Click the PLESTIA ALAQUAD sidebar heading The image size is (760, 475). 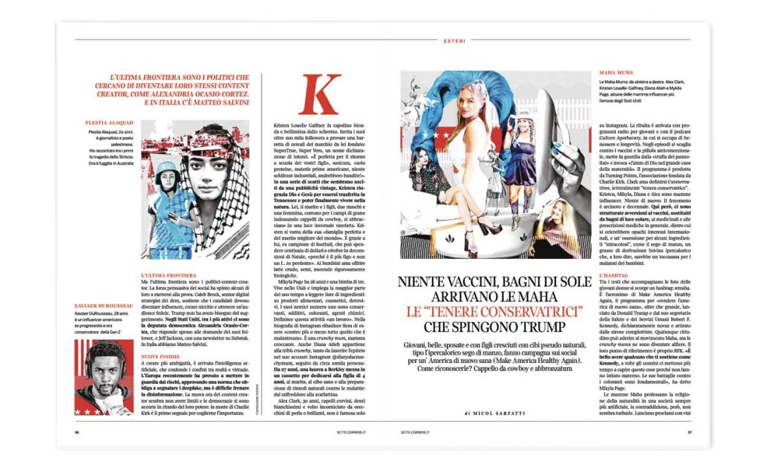(x=110, y=123)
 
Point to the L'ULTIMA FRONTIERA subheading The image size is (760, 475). (x=168, y=275)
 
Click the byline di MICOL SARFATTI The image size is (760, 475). (x=490, y=410)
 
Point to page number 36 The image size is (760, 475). (x=76, y=432)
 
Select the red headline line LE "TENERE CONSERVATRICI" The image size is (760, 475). (x=490, y=311)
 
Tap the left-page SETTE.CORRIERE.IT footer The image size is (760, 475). (x=360, y=432)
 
